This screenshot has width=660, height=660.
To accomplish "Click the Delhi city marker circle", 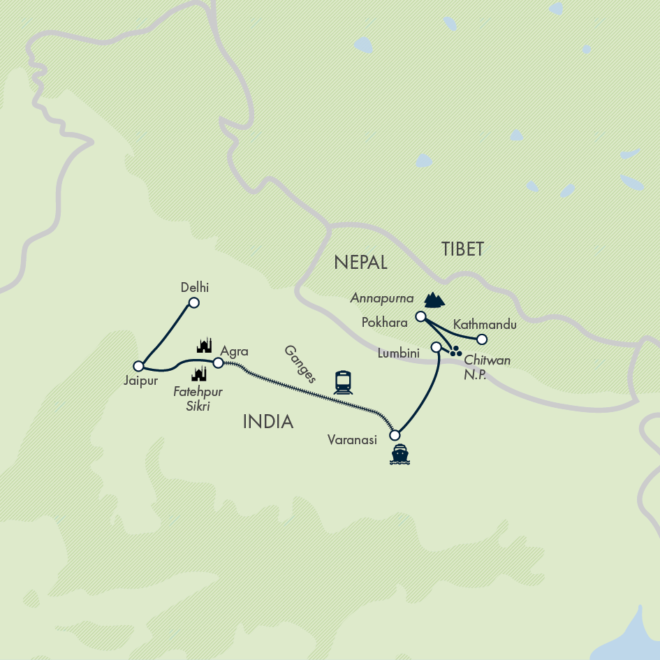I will [x=194, y=302].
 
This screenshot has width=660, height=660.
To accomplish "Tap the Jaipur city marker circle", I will [x=138, y=366].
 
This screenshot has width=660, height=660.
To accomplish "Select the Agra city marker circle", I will [x=218, y=362].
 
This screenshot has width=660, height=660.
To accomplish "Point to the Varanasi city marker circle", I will [x=395, y=435].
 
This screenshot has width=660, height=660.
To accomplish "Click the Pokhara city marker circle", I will [x=420, y=316].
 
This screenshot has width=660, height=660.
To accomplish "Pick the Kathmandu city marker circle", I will [x=481, y=339].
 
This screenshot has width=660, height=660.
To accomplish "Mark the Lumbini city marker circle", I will [x=436, y=347].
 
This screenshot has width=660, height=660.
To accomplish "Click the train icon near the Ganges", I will [x=343, y=381].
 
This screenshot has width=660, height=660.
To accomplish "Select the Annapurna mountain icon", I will [x=434, y=300].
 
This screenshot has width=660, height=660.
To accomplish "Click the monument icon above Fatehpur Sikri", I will [x=199, y=374].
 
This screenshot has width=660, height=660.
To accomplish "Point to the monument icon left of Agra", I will [x=204, y=345].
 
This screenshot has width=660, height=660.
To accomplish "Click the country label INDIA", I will [x=268, y=421].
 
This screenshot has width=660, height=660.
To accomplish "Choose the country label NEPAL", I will [x=360, y=262].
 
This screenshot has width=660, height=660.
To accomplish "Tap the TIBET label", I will [x=462, y=249].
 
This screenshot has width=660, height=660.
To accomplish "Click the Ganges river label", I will [x=301, y=365].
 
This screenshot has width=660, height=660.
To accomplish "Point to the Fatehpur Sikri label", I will [x=199, y=397].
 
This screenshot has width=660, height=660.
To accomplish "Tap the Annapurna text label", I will [x=383, y=298].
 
